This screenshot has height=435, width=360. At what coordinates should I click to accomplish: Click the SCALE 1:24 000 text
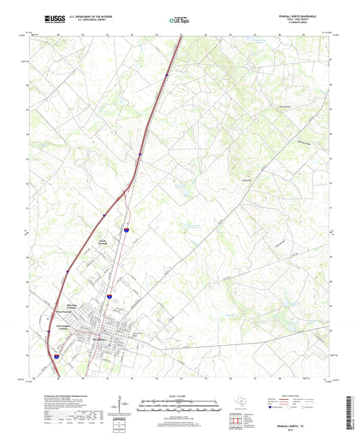[x=178, y=396]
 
